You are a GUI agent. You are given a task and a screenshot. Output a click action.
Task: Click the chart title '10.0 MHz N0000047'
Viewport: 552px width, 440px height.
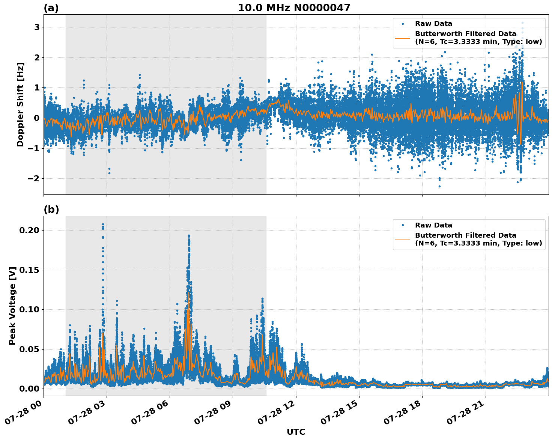(x=294, y=8)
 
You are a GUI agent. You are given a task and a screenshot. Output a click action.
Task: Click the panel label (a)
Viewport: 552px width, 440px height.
(x=51, y=8)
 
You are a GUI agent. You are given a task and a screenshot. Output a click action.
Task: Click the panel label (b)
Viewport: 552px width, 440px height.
(x=51, y=209)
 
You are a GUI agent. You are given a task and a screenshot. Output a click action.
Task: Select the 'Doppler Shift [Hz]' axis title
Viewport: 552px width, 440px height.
(x=20, y=104)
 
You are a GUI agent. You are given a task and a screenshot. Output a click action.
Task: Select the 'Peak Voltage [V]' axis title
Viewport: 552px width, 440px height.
(x=12, y=306)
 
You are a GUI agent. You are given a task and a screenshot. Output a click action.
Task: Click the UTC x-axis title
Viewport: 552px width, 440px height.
(x=296, y=432)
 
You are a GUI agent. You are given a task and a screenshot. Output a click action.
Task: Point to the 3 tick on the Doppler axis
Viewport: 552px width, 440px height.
(x=37, y=27)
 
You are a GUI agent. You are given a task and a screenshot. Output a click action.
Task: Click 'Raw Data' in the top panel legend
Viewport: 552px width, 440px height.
(x=433, y=24)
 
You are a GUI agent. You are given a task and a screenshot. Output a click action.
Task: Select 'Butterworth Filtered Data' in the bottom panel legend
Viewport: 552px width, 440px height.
(x=465, y=235)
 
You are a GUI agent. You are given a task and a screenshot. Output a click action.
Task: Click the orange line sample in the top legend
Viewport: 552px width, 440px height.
(x=402, y=38)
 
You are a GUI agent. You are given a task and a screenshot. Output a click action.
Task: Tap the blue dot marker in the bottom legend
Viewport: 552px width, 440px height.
(x=402, y=225)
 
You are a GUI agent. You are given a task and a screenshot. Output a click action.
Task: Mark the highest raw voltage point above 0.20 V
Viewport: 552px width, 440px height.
(x=103, y=224)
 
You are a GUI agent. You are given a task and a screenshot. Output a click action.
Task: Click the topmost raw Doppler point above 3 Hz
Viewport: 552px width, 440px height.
(x=522, y=23)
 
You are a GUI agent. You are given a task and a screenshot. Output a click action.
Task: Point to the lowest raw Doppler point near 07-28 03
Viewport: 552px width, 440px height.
(x=109, y=173)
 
